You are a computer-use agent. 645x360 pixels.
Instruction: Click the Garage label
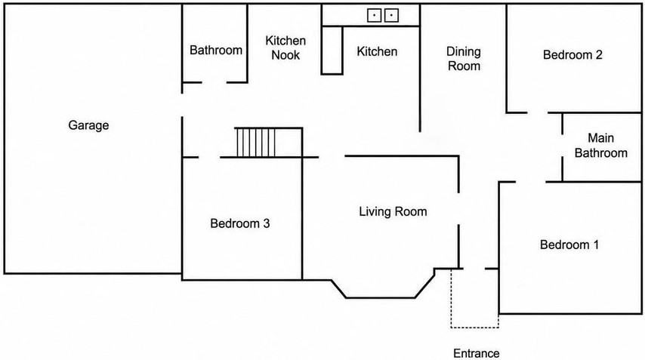[88, 125]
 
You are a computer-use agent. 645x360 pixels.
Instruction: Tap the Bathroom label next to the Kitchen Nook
[215, 50]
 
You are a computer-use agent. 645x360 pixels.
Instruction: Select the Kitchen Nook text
[285, 48]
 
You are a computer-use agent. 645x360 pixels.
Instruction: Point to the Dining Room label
[464, 59]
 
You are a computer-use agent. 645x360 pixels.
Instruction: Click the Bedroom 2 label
[572, 54]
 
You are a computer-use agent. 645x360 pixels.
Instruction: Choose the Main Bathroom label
[600, 146]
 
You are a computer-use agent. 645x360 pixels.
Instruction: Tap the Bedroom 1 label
[569, 245]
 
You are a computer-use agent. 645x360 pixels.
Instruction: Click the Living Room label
[393, 211]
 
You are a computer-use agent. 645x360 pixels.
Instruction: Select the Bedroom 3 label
[240, 223]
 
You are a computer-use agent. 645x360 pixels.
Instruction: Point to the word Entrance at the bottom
[477, 353]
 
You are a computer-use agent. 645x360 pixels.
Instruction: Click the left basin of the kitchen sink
[374, 16]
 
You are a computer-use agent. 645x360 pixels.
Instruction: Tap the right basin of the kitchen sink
[391, 16]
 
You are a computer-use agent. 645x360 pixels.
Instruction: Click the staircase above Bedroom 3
[256, 142]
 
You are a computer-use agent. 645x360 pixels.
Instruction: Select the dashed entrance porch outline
[475, 327]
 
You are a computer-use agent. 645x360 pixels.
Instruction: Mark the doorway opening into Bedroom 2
[537, 112]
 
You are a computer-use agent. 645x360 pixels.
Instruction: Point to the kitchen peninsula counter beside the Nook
[332, 50]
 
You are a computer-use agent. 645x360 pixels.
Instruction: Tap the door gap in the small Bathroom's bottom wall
[214, 82]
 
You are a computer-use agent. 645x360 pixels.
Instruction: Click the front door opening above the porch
[474, 269]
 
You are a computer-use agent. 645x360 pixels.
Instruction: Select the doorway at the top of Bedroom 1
[531, 182]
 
